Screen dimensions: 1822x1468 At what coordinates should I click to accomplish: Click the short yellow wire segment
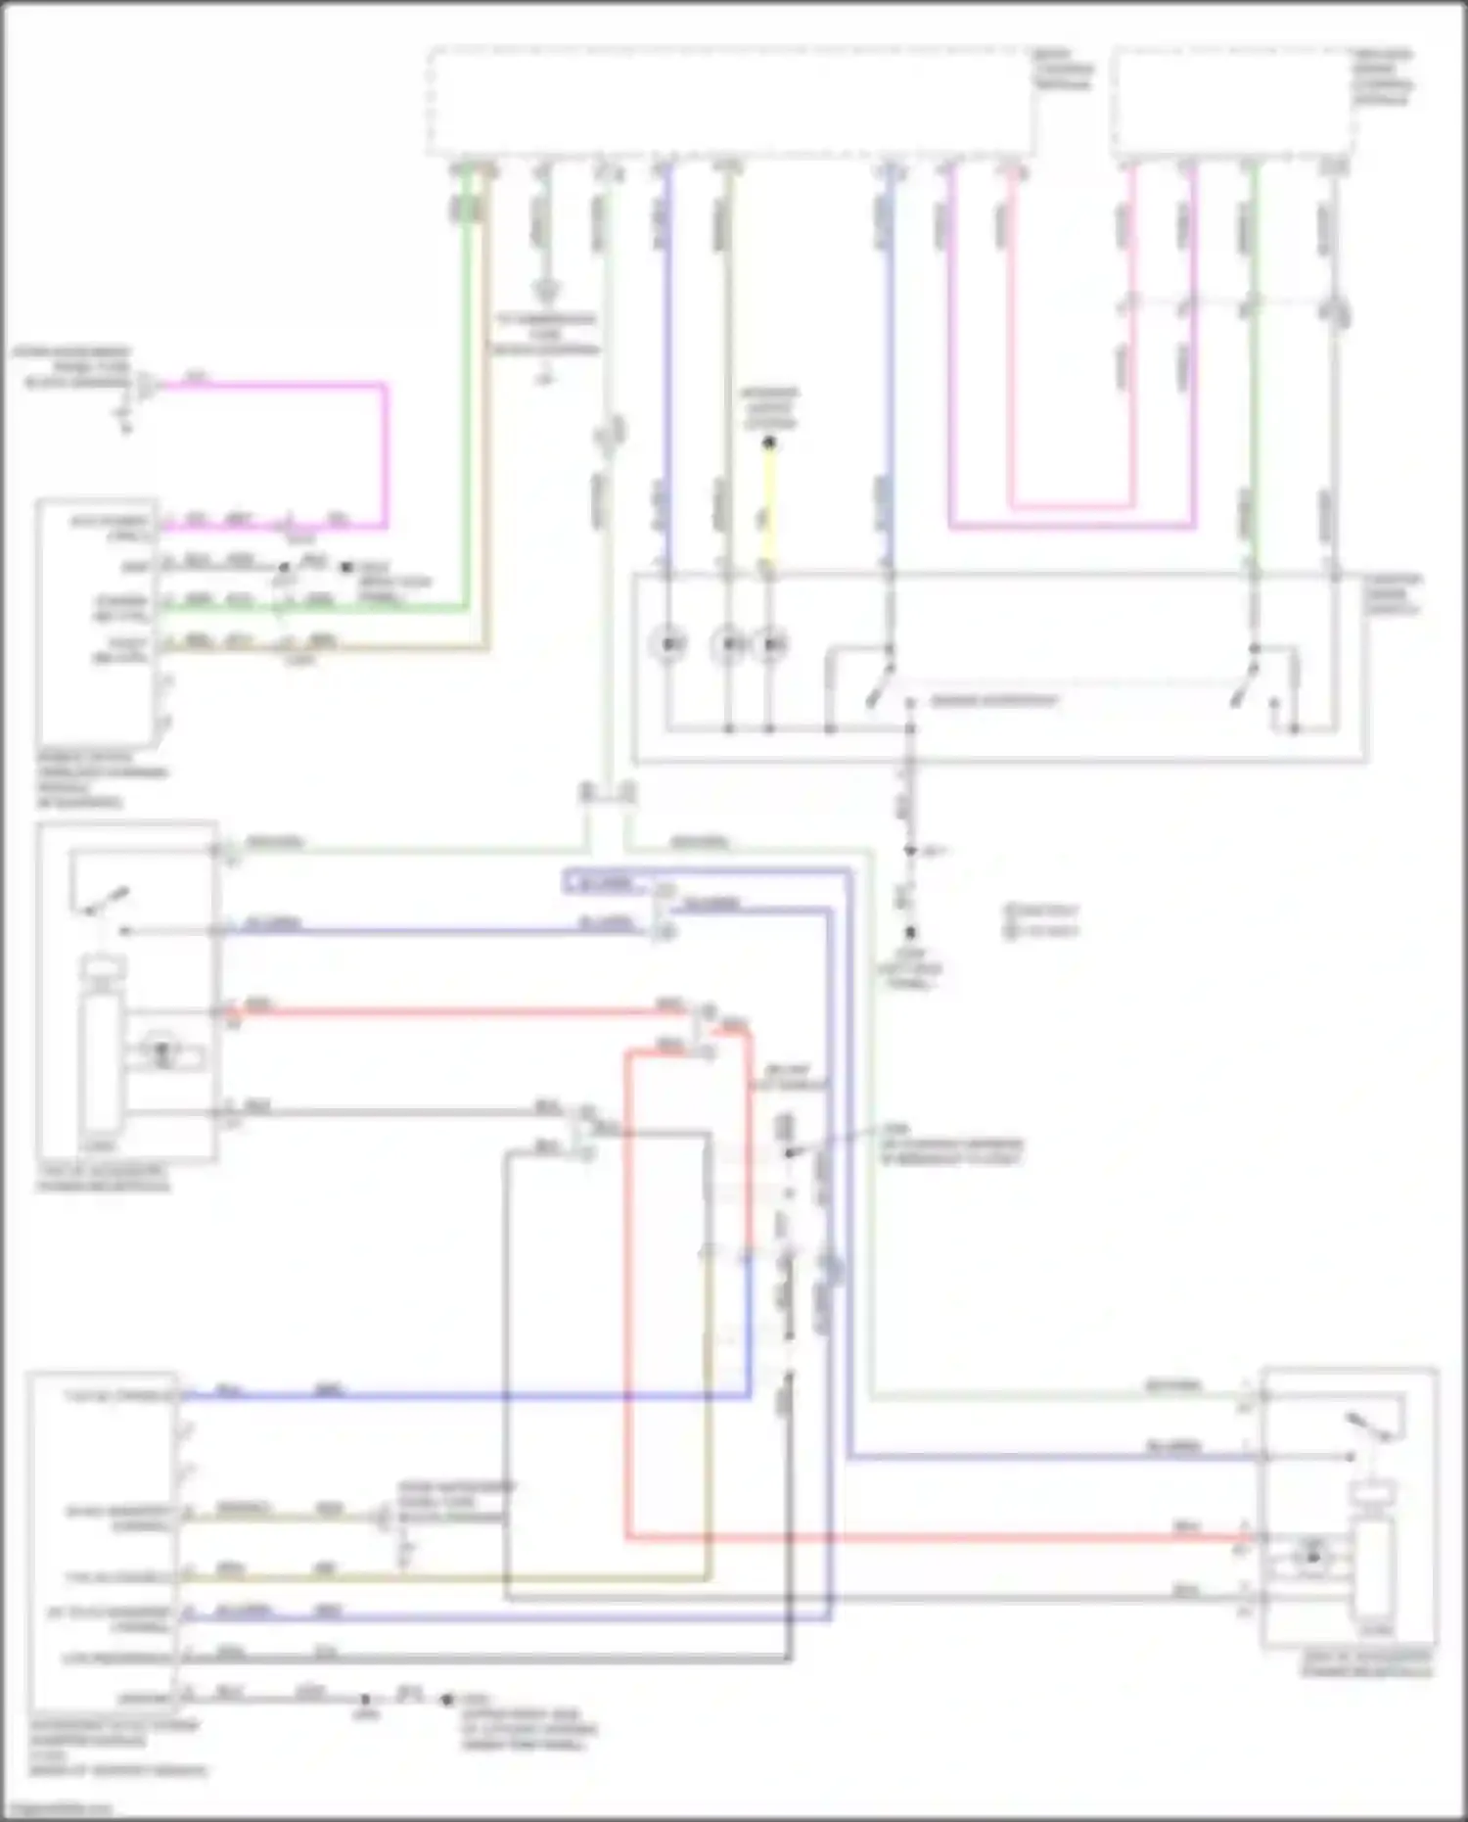coord(769,509)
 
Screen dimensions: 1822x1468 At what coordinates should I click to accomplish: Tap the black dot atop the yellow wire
coord(769,444)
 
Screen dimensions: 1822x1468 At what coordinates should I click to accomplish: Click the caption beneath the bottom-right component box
coord(1366,1663)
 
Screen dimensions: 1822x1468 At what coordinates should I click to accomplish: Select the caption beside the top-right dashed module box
coord(1383,76)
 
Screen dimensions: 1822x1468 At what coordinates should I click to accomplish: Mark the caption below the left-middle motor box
coord(103,1178)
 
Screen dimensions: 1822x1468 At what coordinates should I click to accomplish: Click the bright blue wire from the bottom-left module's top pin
coord(460,1394)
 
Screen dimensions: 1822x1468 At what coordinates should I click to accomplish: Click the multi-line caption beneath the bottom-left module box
coord(117,1748)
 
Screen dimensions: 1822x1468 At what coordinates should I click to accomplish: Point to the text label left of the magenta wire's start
coord(73,366)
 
